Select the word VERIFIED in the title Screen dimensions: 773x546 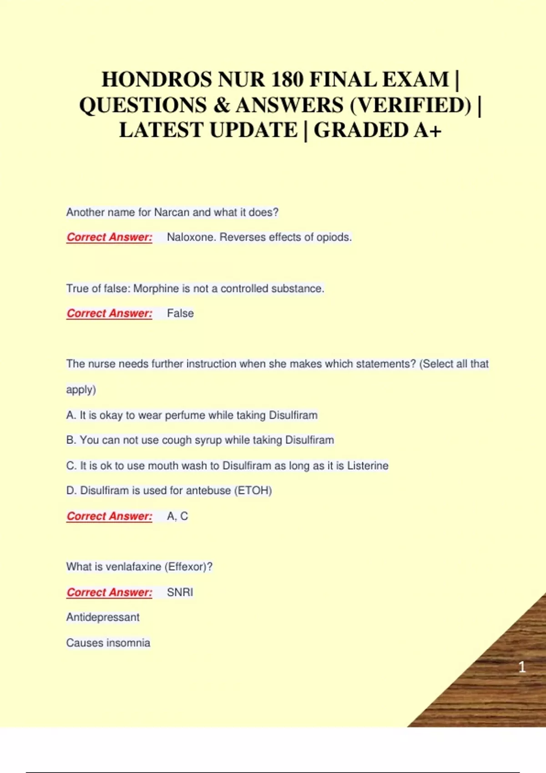point(410,105)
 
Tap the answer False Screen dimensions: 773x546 point(180,313)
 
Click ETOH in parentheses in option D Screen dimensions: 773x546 point(253,491)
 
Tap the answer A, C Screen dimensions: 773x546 point(177,516)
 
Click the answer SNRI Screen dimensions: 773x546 point(180,592)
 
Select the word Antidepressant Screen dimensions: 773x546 point(103,617)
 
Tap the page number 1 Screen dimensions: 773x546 point(522,667)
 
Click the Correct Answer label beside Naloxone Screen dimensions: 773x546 point(109,237)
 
